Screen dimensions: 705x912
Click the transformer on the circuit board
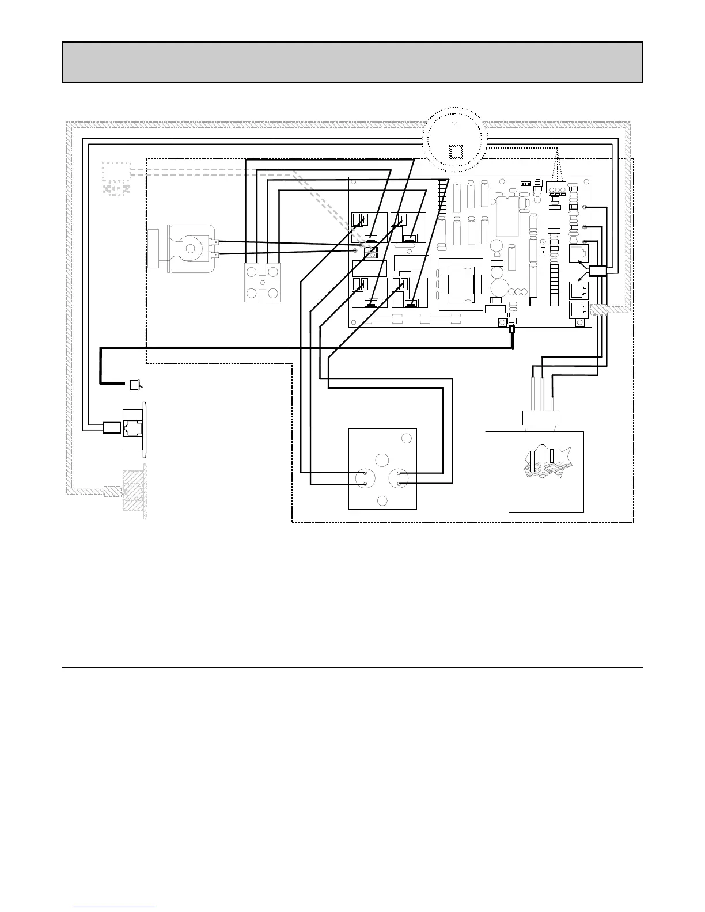(460, 285)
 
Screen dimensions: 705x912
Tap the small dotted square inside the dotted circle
(455, 151)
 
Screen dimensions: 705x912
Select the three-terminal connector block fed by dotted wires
(557, 189)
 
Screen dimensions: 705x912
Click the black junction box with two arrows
(598, 271)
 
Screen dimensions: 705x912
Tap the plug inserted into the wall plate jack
(111, 428)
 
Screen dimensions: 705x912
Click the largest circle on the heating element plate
(382, 459)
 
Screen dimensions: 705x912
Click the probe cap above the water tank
(541, 417)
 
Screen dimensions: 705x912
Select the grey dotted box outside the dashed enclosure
(116, 178)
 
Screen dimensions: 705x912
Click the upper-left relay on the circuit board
(369, 229)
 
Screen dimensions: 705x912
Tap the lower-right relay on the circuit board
(408, 294)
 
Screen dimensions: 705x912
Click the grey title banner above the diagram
(352, 62)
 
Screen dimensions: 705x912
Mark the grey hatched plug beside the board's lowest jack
(602, 309)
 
